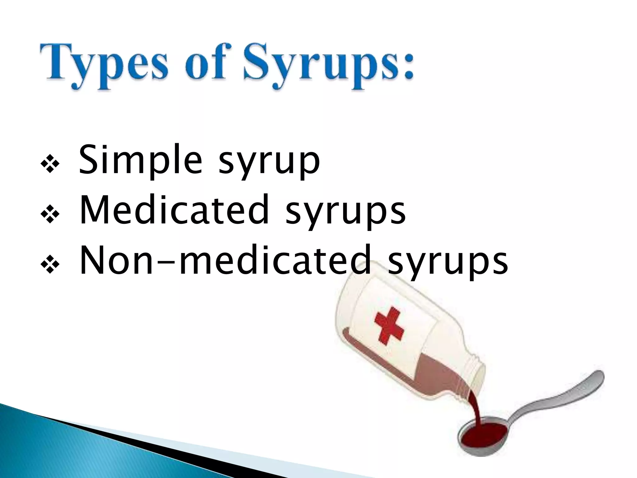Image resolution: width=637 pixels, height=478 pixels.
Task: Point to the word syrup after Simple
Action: [x=269, y=163]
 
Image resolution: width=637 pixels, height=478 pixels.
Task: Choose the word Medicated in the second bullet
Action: [x=174, y=209]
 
